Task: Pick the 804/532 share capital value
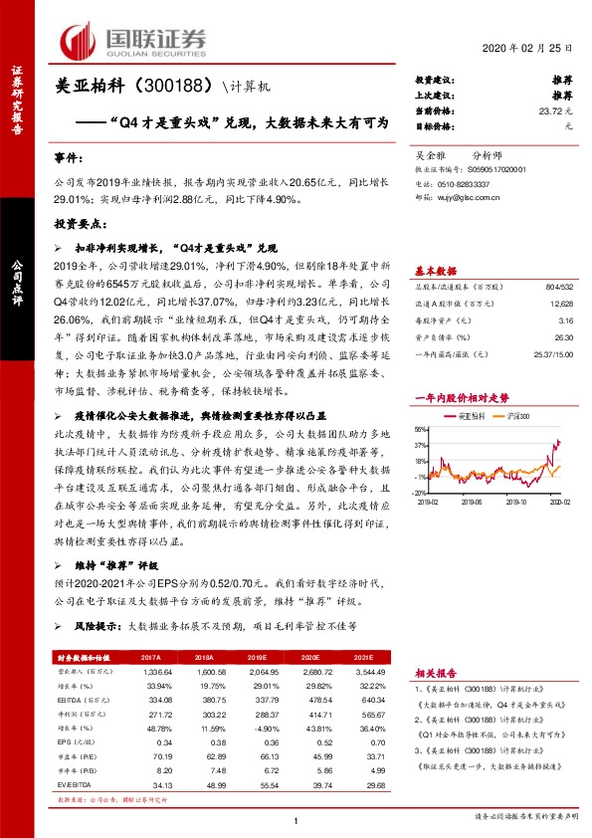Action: click(554, 286)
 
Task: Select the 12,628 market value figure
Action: click(559, 302)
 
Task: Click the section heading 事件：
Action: click(68, 159)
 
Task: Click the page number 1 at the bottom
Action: click(296, 819)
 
